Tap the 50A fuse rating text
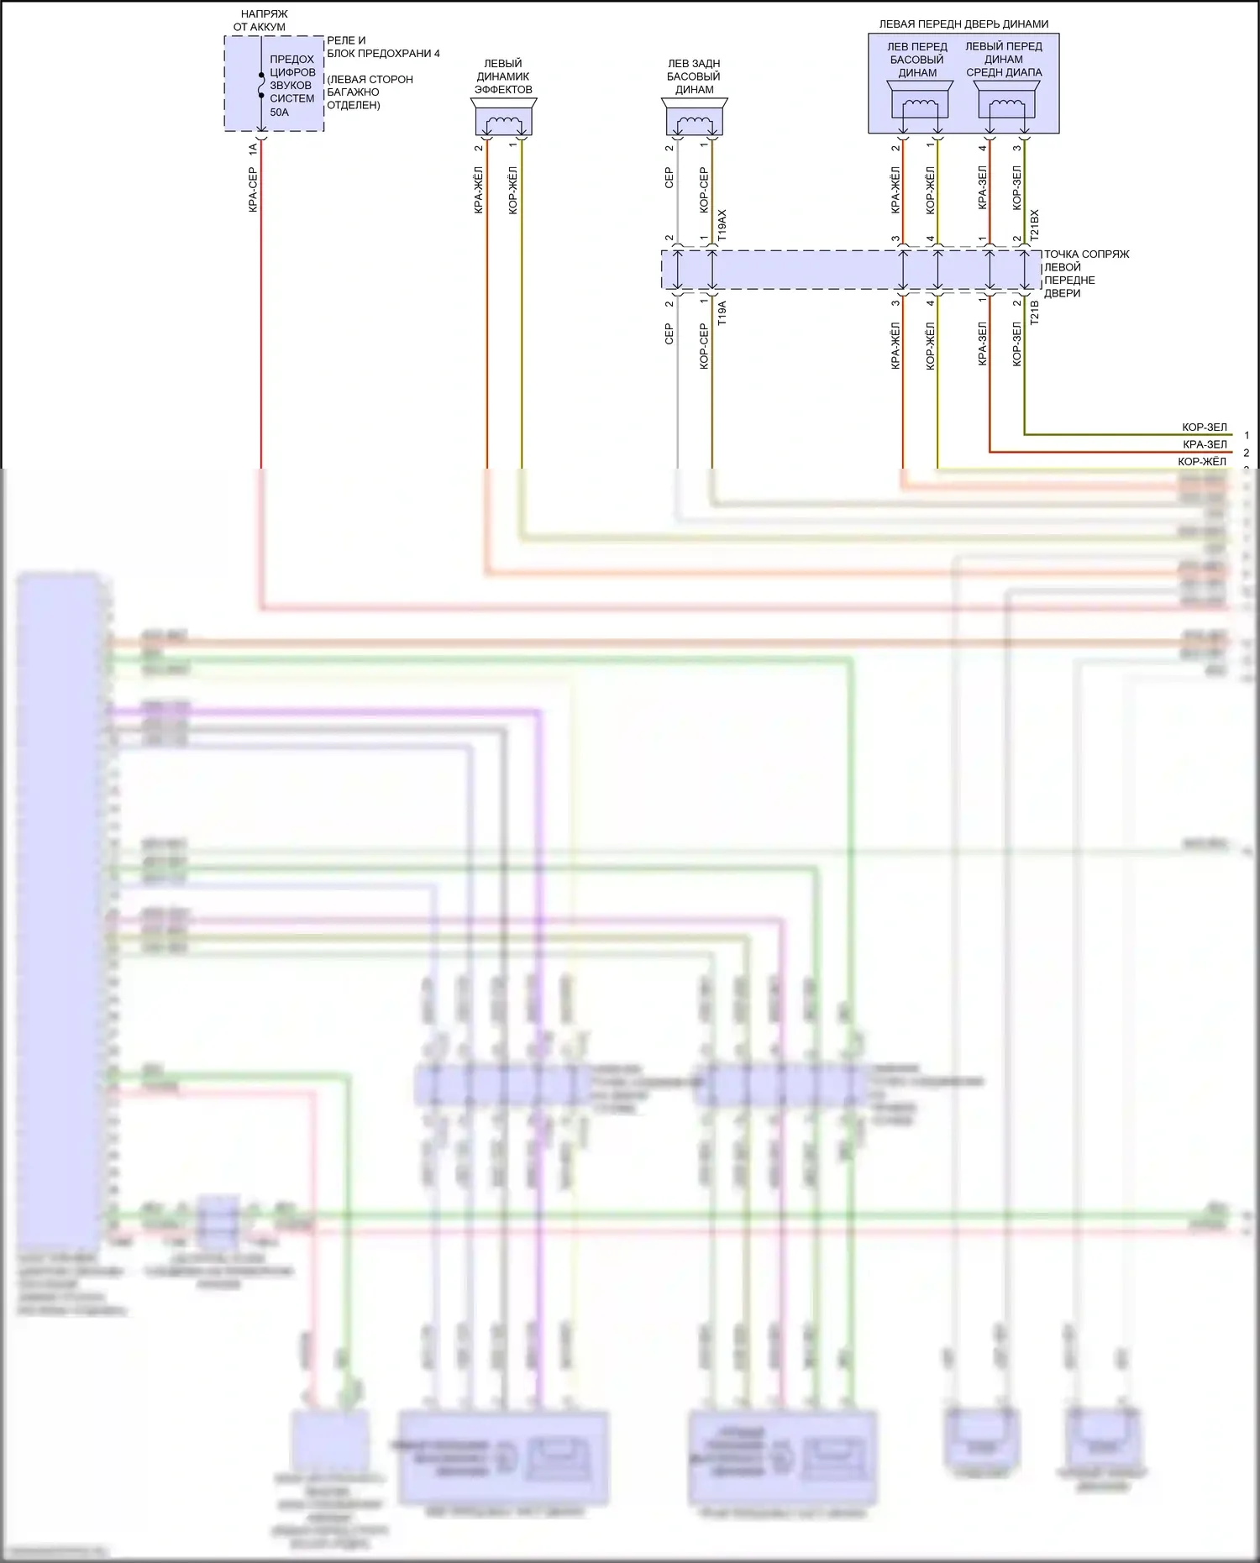pos(279,112)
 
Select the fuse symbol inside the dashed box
pos(261,84)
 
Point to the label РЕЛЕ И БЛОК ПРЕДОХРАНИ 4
pos(382,47)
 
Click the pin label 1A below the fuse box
pos(252,149)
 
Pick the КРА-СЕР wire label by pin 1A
pos(252,189)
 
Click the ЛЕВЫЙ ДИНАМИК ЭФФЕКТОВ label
pos(503,76)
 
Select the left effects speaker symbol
pos(504,118)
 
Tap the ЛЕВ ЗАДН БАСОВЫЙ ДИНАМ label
pos(694,76)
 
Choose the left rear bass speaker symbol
pos(695,118)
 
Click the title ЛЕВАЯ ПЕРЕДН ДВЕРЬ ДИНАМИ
pos(963,24)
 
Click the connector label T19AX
pos(722,226)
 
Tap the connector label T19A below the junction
pos(722,313)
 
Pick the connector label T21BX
pos(1035,226)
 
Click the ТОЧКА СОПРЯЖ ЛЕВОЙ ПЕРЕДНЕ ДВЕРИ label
pos(1085,273)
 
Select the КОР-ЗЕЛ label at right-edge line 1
pos(1204,427)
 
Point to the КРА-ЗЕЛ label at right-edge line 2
pos(1204,444)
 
